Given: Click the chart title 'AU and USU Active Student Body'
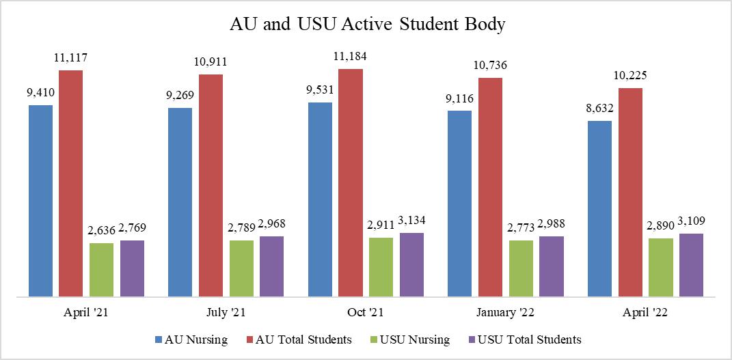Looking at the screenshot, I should [367, 25].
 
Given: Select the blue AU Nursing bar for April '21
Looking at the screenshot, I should [40, 201].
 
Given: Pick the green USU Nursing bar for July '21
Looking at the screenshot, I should [241, 268].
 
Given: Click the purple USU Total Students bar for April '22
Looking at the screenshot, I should [691, 265].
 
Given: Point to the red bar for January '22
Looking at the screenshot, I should [490, 187].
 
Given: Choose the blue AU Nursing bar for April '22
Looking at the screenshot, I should [599, 209].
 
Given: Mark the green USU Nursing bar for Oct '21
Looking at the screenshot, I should [381, 267].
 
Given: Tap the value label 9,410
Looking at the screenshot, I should [40, 92].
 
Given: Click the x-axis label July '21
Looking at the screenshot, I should [226, 314].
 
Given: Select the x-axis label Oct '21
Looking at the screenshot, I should [366, 314].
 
